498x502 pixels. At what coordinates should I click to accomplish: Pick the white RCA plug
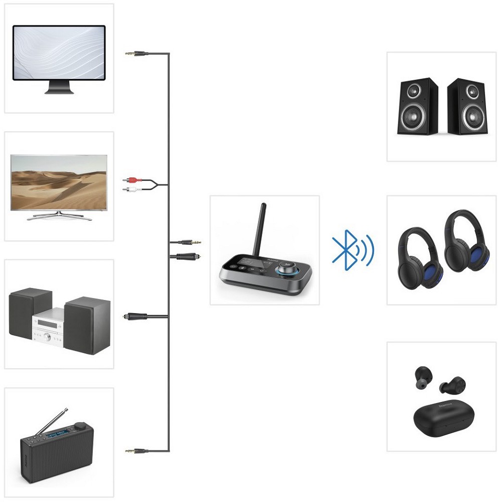132,189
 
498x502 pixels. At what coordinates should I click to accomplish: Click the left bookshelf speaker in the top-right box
417,107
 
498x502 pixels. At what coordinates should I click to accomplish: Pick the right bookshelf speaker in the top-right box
467,106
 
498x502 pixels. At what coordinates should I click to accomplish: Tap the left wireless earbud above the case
421,377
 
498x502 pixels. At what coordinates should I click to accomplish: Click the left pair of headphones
419,258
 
